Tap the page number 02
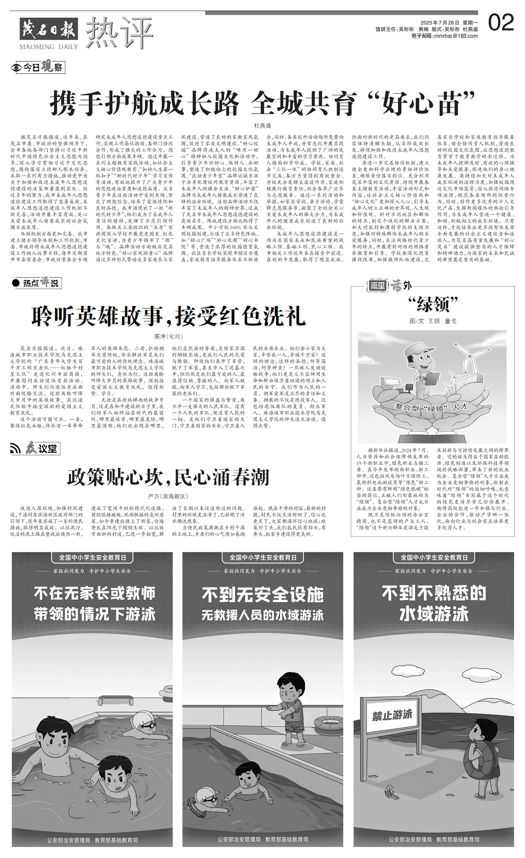click(x=501, y=23)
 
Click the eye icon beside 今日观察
click(x=17, y=68)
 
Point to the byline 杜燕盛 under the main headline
click(x=262, y=126)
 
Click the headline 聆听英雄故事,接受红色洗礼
click(x=169, y=316)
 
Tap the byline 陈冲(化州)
click(x=168, y=336)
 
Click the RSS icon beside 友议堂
click(x=16, y=449)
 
